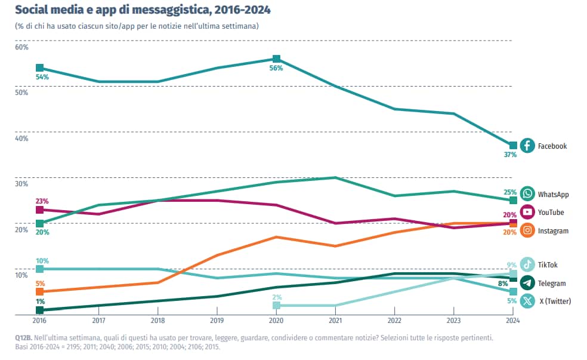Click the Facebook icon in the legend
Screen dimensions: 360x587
[527, 146]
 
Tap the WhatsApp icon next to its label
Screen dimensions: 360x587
[527, 194]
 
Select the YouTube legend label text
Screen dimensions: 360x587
[551, 213]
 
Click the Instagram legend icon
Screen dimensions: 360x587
[527, 230]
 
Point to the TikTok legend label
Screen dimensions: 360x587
[548, 265]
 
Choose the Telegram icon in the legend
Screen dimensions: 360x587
[527, 283]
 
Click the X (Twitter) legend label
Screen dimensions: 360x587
[555, 301]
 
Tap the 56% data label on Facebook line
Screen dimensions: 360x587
[276, 68]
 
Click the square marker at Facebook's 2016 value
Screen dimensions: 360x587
[39, 68]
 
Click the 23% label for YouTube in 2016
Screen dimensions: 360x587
[42, 201]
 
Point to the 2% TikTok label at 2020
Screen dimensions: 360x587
[277, 297]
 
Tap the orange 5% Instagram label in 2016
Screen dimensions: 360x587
[40, 284]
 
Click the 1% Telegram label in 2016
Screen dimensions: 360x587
[40, 301]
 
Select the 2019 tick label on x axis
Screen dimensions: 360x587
[217, 319]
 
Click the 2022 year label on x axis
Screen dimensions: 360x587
[394, 319]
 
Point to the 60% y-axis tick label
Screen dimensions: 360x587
[21, 47]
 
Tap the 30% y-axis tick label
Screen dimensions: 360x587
[21, 184]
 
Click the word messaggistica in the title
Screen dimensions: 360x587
[139, 11]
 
